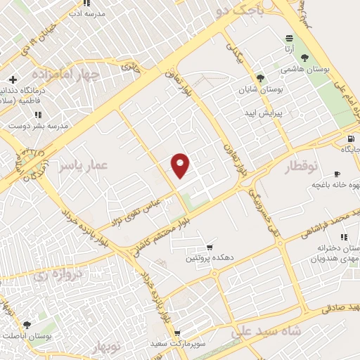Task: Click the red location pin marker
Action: (x=181, y=165)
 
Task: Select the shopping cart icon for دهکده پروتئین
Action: (x=209, y=247)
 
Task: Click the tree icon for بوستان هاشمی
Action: (x=304, y=58)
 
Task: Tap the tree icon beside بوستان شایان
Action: (x=261, y=78)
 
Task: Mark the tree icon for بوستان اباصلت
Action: (x=27, y=325)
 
